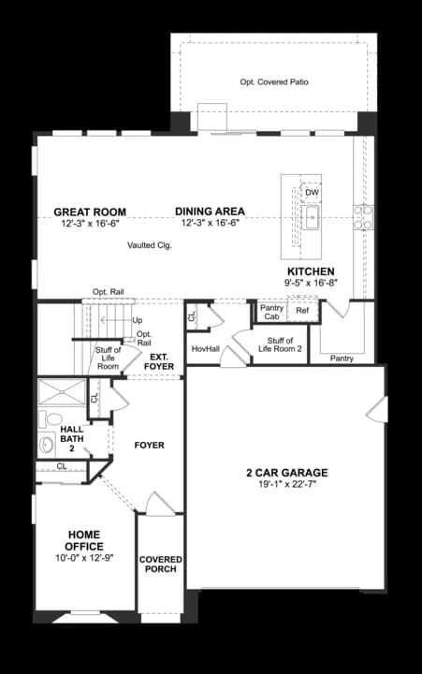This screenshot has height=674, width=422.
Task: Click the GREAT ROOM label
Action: pos(90,212)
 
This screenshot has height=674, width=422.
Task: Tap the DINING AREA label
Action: pos(210,212)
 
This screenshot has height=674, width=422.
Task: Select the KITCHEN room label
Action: pos(311,271)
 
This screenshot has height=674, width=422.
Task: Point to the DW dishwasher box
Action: pos(312,193)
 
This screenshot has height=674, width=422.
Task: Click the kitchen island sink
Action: pos(311,217)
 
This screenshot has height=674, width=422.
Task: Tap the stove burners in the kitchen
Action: pos(363,216)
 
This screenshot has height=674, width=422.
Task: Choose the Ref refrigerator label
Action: pos(302,311)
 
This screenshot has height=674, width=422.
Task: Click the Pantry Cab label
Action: pos(271,312)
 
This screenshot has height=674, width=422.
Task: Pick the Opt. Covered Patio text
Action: pos(274,81)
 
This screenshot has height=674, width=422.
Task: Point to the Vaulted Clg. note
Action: pos(150,245)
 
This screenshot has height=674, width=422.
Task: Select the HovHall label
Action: pos(206,348)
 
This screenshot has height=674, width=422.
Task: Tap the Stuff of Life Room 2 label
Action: pos(280,344)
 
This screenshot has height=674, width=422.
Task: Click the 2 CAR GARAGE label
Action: pos(287,473)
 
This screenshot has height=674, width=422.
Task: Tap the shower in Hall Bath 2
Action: pos(62,391)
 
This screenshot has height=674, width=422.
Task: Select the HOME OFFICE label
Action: pos(84,541)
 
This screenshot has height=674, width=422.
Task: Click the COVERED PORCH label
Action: pos(160,564)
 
